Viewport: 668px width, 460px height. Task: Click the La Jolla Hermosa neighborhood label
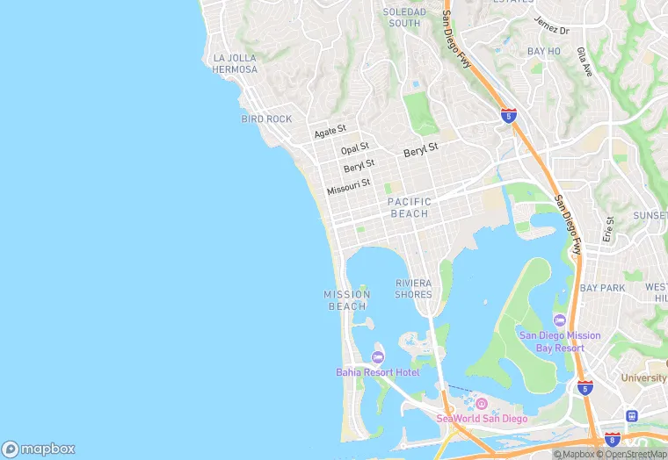235,63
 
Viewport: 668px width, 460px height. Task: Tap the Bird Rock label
266,119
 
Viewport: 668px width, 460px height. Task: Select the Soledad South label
404,18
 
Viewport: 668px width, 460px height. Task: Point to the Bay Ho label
543,52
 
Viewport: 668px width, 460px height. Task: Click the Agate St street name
330,132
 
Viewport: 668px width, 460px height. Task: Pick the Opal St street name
355,149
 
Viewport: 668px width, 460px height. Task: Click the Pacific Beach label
409,207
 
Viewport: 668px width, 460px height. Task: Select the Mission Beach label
347,300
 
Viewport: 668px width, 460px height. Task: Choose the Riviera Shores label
413,289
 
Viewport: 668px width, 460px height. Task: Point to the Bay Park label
602,288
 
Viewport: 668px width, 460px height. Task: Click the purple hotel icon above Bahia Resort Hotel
378,356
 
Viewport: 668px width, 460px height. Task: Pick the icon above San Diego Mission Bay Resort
560,320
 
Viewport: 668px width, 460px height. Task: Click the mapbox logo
39,449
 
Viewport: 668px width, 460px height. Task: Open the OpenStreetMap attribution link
631,454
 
